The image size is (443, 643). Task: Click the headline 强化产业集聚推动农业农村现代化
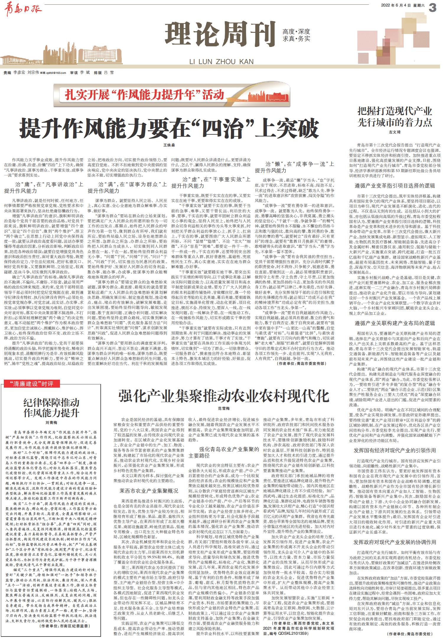224,396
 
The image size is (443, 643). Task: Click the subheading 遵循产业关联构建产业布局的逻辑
395,323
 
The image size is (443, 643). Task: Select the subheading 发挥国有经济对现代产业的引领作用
395,451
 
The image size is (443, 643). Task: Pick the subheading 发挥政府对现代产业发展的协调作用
395,542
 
